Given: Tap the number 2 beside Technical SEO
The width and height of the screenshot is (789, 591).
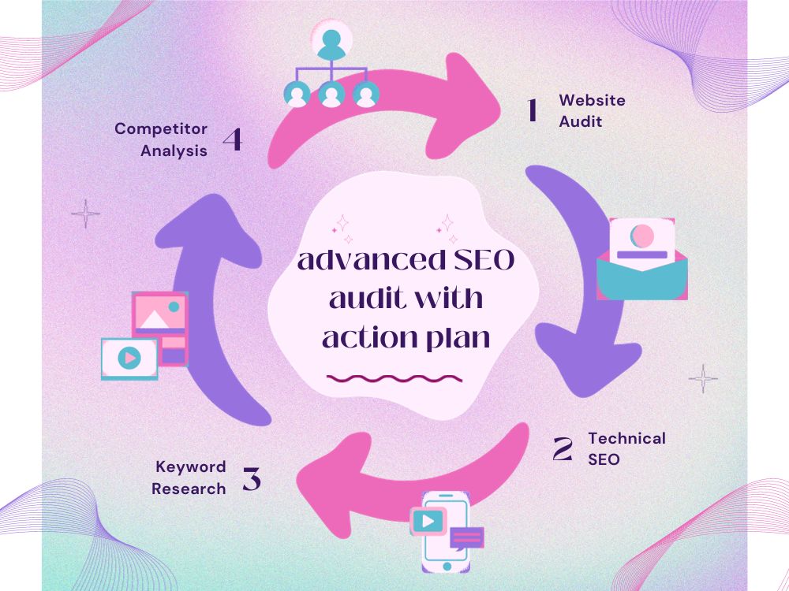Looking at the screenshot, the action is (563, 449).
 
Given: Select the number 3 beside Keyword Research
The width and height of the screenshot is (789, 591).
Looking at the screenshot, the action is (252, 478).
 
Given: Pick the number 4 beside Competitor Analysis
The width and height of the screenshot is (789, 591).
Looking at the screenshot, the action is (233, 139).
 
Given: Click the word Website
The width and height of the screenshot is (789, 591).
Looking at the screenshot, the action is (593, 100).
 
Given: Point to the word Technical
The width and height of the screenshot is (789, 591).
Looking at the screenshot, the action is (627, 438).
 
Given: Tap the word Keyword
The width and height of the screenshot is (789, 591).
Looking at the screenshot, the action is (191, 467).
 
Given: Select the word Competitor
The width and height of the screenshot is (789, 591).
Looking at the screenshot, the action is (161, 129).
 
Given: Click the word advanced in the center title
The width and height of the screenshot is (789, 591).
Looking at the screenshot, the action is (372, 259).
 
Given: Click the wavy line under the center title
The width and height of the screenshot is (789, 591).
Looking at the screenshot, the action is (394, 378).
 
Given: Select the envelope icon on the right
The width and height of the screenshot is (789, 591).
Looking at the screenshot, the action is (642, 259).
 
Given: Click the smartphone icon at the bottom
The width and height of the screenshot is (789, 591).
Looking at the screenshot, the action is (446, 532).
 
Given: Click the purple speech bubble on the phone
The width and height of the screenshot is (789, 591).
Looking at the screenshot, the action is (467, 537).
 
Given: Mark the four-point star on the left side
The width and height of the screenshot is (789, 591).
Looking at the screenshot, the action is (85, 214).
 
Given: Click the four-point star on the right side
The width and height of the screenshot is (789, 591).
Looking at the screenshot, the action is (703, 378).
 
